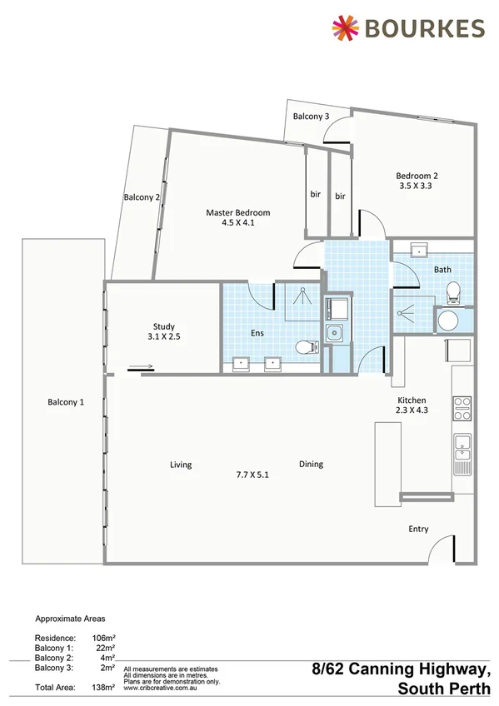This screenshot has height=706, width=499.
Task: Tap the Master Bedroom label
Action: [x=238, y=213]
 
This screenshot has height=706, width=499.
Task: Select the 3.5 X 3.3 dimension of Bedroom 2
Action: [x=416, y=186]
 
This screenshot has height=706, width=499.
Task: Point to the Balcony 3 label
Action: [x=311, y=117]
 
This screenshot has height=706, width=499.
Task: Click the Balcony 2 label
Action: [x=141, y=197]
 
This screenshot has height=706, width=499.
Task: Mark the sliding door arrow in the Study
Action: [x=140, y=366]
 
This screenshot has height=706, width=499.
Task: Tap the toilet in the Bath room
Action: [x=454, y=292]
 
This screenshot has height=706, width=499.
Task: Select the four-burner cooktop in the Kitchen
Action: [x=462, y=407]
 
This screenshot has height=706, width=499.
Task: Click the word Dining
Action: [x=312, y=465]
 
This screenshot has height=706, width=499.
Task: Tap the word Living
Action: [x=181, y=465]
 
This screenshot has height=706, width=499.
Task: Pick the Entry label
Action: [x=419, y=529]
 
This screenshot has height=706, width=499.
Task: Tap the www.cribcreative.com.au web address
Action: [x=159, y=687]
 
